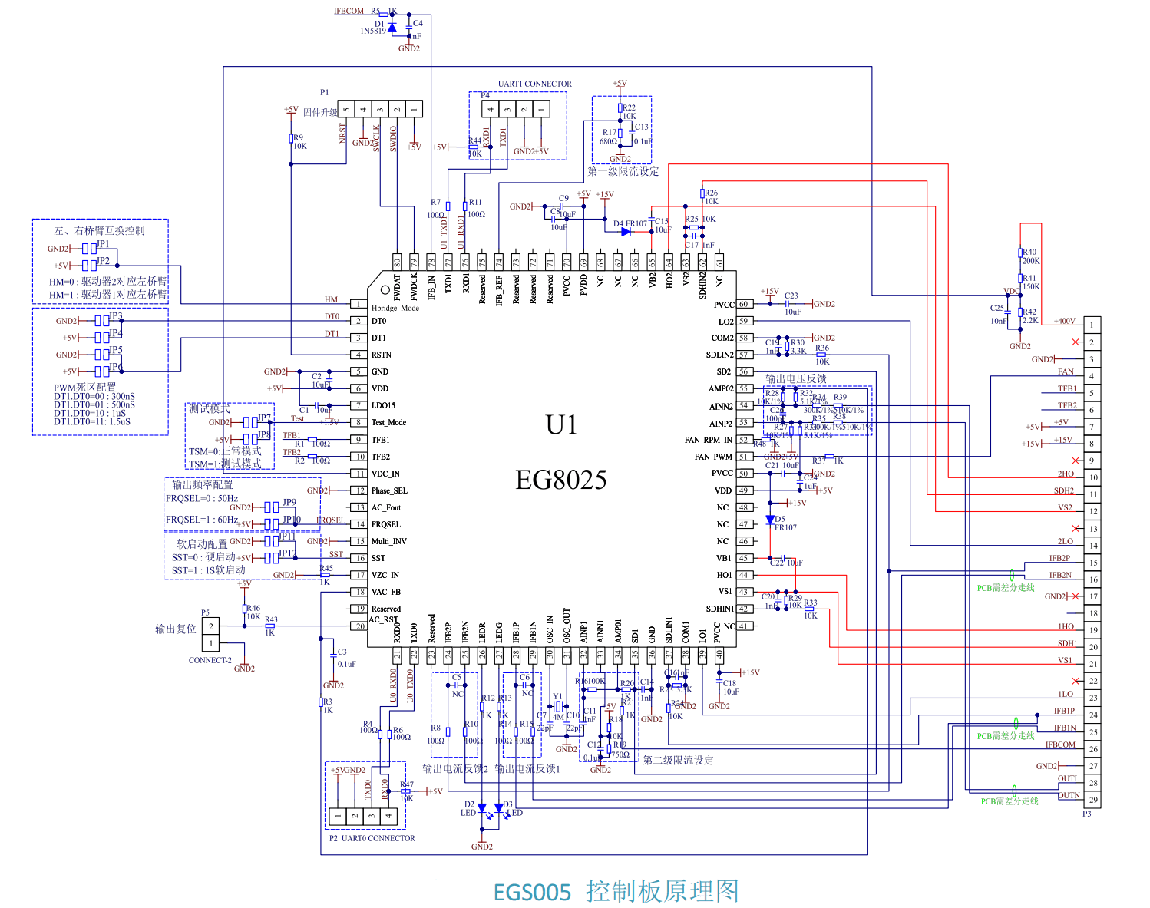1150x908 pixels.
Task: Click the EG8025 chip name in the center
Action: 560,480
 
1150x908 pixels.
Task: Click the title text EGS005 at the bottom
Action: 532,892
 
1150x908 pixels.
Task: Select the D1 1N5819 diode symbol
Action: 392,27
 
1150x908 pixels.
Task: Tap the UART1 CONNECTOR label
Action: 534,84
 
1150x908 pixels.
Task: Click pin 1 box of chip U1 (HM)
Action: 359,304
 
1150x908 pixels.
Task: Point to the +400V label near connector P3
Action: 1064,321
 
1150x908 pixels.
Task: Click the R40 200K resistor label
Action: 1029,256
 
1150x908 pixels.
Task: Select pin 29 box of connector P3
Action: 1092,800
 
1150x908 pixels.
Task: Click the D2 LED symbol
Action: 481,808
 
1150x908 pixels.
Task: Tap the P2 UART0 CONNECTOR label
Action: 372,838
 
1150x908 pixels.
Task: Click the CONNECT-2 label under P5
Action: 210,660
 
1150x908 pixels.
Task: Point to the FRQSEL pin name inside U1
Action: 386,524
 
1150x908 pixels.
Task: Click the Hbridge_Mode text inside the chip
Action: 395,308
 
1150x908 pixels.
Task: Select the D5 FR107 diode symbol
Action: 770,520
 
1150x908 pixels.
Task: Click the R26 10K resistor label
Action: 711,197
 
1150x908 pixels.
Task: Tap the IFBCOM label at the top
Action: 349,11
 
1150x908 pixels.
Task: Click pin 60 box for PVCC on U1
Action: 744,304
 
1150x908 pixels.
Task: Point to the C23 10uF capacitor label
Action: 791,303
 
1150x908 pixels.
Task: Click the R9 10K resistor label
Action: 299,142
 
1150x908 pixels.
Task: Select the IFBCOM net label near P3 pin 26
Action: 1060,745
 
